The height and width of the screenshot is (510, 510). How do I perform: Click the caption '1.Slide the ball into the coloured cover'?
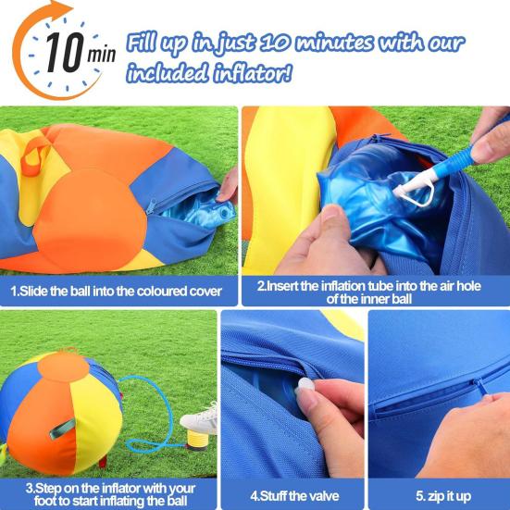pos(117,291)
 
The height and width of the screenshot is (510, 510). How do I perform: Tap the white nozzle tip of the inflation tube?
pos(408,192)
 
